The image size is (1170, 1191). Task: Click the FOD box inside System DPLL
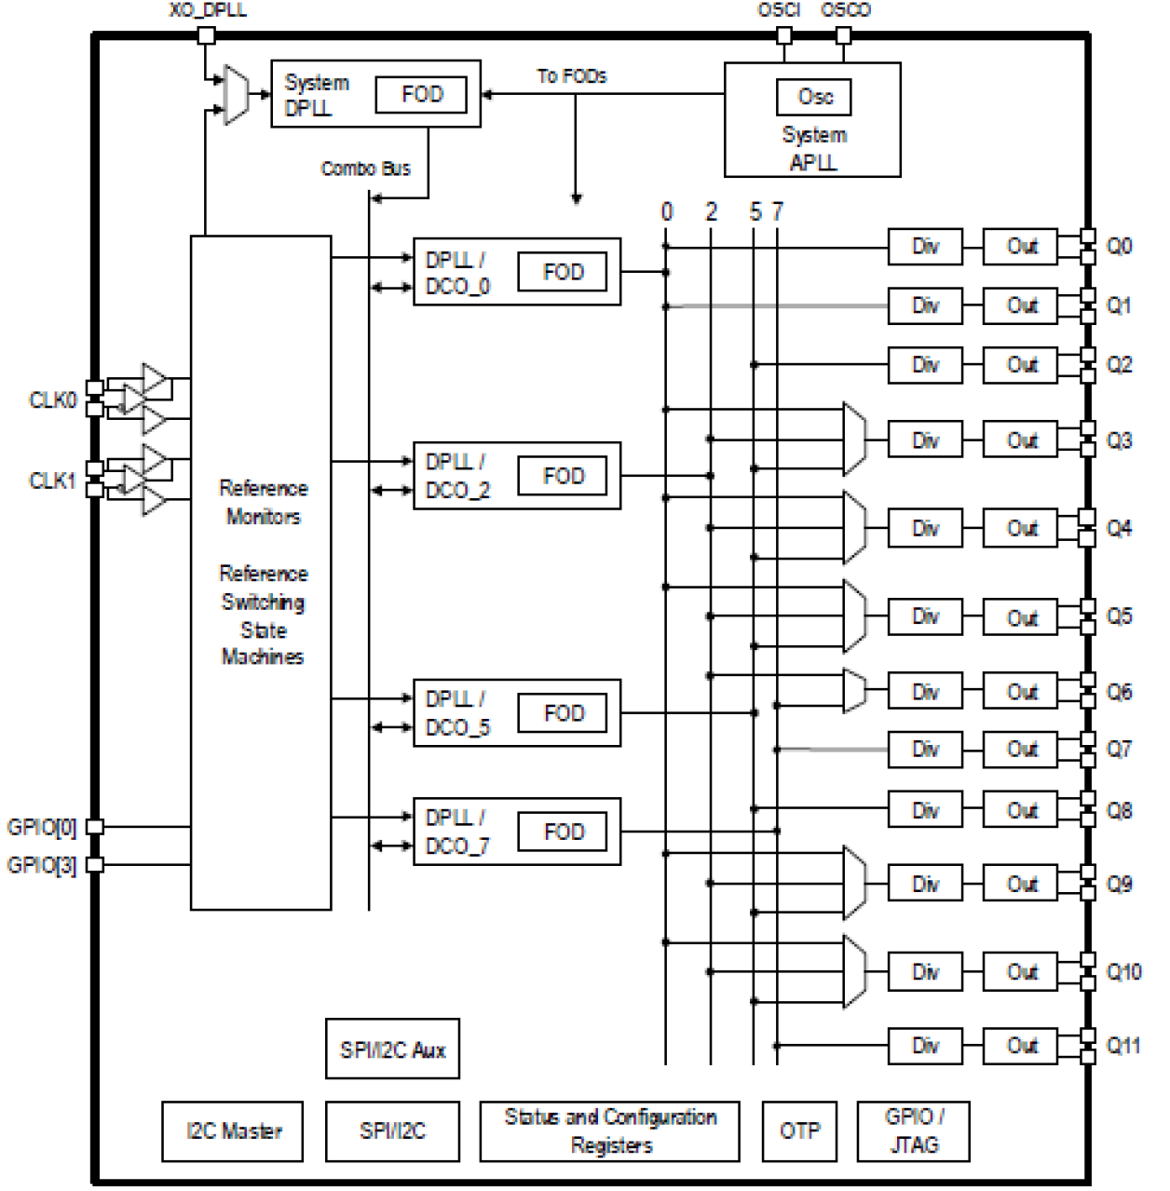420,94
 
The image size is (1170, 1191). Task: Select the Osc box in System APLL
813,97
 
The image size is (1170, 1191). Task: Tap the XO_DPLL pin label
208,10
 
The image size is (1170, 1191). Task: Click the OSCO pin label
845,10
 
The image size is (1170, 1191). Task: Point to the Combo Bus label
365,169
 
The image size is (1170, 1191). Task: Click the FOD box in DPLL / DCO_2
563,476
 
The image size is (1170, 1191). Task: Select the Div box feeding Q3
924,440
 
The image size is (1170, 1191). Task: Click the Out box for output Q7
1020,750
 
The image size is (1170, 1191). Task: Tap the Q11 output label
1122,1046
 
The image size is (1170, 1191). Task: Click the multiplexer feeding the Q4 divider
853,528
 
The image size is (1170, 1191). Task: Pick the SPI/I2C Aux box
392,1049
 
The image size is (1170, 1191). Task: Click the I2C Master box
233,1131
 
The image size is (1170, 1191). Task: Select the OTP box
799,1131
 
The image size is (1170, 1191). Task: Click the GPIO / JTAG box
913,1131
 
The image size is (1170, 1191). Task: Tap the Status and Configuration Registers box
609,1131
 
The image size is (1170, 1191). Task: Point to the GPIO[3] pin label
41,865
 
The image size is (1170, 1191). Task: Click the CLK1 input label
51,480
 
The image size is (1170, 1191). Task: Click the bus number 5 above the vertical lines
755,212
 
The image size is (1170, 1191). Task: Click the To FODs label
571,76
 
